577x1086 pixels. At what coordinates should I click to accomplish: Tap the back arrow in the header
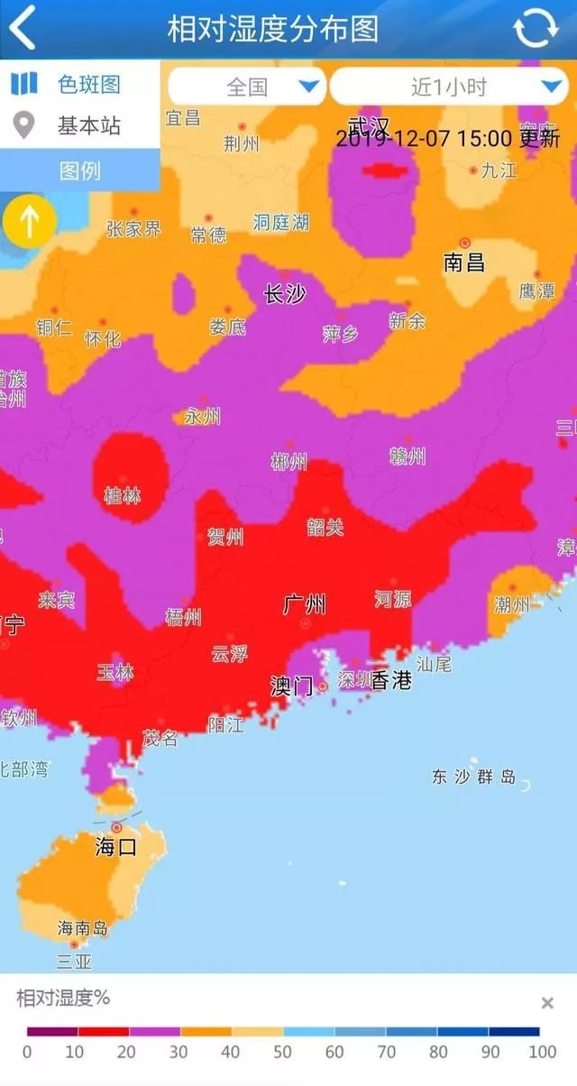22,28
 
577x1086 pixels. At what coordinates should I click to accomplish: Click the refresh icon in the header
536,28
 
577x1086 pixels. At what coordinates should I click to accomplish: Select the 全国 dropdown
246,87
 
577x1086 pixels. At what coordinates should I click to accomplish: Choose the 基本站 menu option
88,126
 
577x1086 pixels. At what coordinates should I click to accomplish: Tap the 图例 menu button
79,170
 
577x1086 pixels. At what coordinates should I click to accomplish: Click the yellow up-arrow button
30,221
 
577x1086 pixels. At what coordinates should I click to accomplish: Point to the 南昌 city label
463,262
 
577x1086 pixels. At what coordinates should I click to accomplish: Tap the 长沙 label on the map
284,293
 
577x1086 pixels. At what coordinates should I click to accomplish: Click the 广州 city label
304,604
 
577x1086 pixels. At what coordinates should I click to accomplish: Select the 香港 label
391,680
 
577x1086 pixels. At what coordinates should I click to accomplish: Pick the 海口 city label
116,846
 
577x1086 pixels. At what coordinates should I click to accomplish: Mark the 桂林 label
123,495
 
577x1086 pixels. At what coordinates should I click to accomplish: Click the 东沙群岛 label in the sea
473,777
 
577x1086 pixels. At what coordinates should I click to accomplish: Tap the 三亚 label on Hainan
74,961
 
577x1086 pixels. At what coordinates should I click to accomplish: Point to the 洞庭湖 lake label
280,222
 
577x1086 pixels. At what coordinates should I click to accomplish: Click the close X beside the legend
546,1003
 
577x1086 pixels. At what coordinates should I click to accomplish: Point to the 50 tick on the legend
283,1052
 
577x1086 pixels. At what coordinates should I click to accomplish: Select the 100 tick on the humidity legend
542,1052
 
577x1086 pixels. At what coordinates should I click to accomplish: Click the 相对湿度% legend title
63,998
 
